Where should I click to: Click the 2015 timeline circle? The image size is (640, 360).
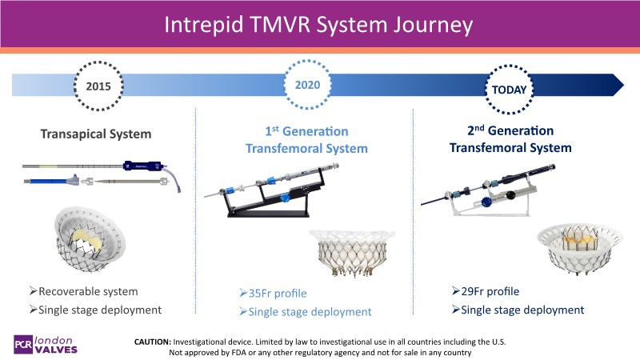[x=100, y=85]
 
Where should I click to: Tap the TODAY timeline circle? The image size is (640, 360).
[x=512, y=89]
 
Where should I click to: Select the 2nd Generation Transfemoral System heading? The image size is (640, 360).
[x=510, y=139]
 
